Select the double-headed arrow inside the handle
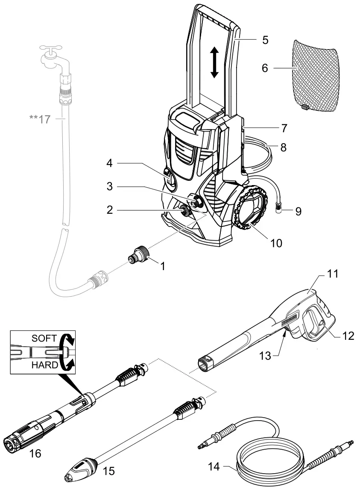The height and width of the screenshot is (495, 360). [215, 62]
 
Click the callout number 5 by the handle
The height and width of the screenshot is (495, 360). [265, 40]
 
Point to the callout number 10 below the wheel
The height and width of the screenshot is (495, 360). [277, 243]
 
